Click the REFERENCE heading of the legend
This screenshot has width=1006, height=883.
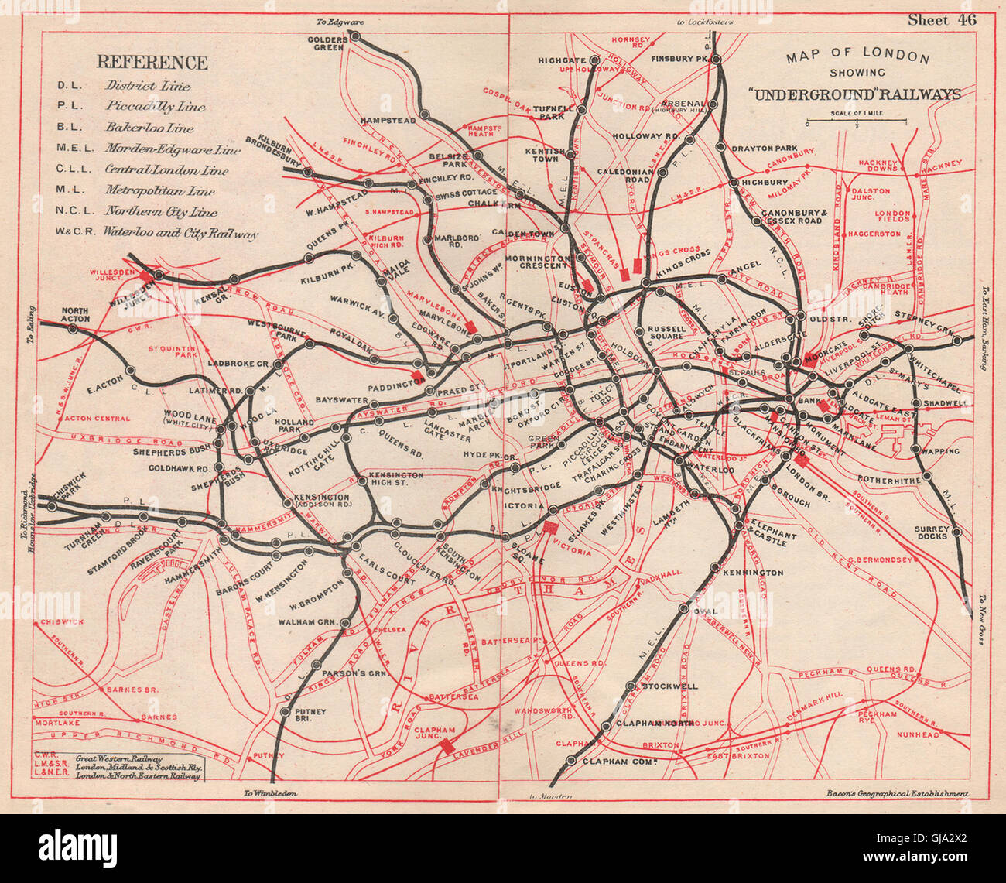152,63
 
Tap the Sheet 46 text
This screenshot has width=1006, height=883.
939,20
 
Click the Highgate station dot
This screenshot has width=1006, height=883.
594,60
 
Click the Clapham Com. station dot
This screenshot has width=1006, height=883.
571,761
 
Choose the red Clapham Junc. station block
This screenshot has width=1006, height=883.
447,746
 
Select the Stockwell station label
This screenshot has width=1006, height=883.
669,686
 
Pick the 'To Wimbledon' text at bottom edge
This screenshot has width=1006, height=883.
269,793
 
